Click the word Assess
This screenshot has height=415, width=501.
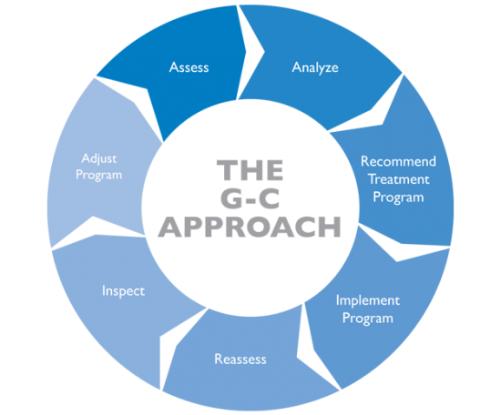(x=189, y=67)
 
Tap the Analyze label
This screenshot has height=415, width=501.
(x=315, y=68)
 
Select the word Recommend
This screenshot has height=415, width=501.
(x=398, y=161)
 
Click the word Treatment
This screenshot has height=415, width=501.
(x=398, y=179)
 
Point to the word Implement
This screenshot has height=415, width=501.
(x=367, y=300)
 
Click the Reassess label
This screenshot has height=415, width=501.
(x=240, y=359)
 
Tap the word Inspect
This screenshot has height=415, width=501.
(x=123, y=291)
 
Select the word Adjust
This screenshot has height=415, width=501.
(x=99, y=159)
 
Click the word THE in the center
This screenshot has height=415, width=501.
(x=250, y=170)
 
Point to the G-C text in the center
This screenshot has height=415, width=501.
(x=250, y=198)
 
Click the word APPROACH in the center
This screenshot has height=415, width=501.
(x=250, y=227)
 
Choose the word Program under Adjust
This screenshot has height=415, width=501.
(x=98, y=176)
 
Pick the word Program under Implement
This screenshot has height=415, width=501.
(x=367, y=319)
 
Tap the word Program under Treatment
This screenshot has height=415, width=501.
(x=398, y=197)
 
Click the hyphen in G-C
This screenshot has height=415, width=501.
(x=250, y=201)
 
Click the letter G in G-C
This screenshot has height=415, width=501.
(x=231, y=198)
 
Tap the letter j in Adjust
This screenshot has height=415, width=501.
(x=99, y=160)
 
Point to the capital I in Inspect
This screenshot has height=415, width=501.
(x=103, y=290)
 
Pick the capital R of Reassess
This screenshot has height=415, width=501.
(x=219, y=359)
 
